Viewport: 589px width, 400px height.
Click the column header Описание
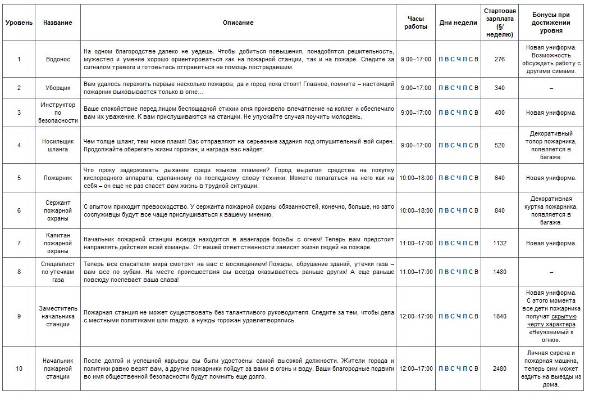point(238,23)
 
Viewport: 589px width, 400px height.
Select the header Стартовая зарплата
point(500,23)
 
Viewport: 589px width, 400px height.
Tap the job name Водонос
point(58,59)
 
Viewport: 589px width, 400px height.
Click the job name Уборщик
point(58,88)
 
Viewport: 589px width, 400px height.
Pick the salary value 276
point(500,59)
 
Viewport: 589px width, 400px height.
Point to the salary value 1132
point(500,243)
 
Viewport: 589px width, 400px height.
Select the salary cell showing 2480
point(500,368)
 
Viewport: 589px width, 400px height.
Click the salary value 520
point(500,145)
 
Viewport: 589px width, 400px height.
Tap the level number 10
point(19,368)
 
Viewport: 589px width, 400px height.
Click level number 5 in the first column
point(19,178)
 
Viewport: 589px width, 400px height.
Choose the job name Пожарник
point(58,178)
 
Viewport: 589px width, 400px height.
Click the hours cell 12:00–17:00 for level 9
point(416,316)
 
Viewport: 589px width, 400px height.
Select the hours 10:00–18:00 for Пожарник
point(416,178)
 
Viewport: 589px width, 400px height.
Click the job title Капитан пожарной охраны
point(58,243)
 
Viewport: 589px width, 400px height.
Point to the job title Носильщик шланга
point(58,145)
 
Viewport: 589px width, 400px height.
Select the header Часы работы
point(416,23)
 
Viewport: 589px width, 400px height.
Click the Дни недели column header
point(458,23)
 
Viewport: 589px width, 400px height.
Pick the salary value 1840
point(500,316)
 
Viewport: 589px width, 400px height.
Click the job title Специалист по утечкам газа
point(58,272)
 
